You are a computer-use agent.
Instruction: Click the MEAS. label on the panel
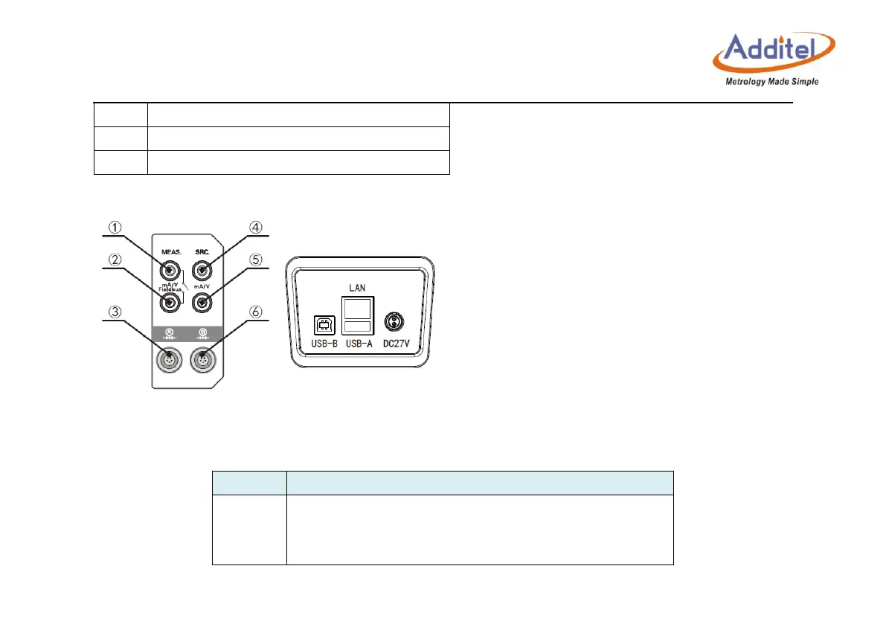[x=171, y=252]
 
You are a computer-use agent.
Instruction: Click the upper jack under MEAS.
[x=171, y=270]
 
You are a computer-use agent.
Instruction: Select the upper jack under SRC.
[x=200, y=270]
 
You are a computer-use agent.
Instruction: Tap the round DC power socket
[x=393, y=321]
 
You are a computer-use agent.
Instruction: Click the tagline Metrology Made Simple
[x=771, y=81]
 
